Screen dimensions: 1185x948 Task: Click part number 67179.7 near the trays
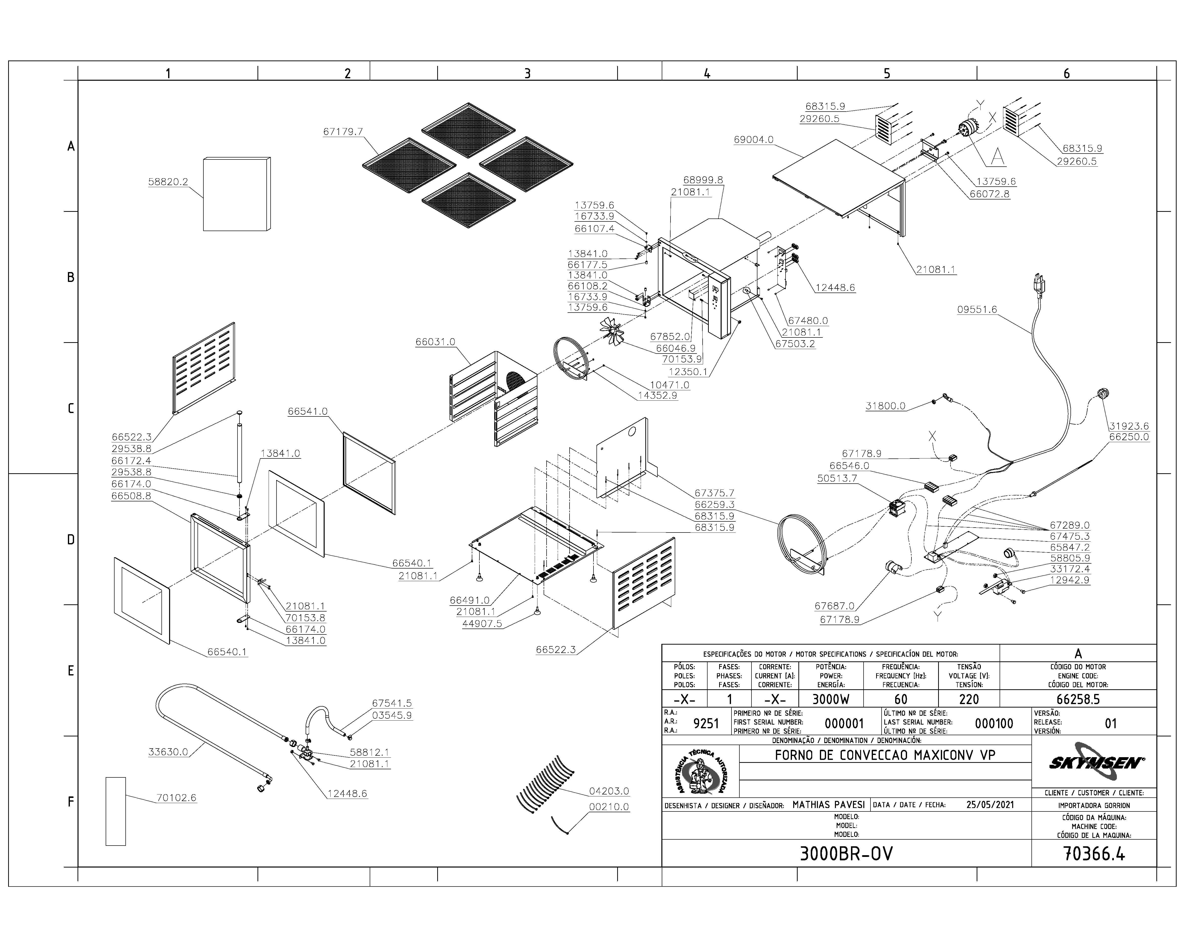pyautogui.click(x=343, y=132)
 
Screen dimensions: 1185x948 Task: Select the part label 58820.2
pyautogui.click(x=168, y=182)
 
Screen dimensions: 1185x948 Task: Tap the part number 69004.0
pyautogui.click(x=753, y=139)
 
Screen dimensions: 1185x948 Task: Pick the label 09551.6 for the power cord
pyautogui.click(x=977, y=309)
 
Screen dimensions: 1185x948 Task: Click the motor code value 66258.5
pyautogui.click(x=1078, y=699)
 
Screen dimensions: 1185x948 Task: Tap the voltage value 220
pyautogui.click(x=969, y=699)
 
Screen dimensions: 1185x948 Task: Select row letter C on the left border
pyautogui.click(x=70, y=408)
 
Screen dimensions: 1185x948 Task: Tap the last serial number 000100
pyautogui.click(x=994, y=723)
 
